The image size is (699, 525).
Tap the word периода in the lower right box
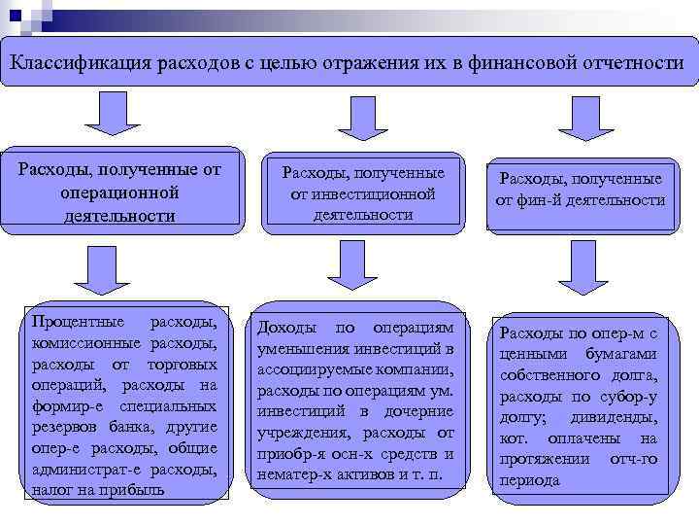(x=530, y=480)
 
